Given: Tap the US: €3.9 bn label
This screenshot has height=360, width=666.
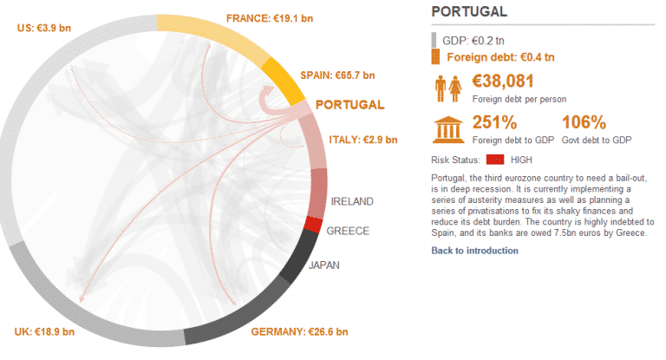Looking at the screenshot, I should [x=44, y=28].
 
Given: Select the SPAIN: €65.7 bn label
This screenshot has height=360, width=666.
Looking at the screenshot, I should [x=337, y=75].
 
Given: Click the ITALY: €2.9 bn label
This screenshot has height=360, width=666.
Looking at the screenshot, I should [x=362, y=140].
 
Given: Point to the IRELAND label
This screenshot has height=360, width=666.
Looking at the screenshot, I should [x=352, y=201].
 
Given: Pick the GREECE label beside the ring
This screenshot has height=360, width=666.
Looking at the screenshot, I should [x=348, y=231].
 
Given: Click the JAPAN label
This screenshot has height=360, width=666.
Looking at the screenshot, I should [x=324, y=265].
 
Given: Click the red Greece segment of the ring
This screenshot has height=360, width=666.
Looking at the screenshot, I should [x=313, y=225].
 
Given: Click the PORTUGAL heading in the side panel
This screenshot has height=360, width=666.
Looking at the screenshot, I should [x=469, y=12].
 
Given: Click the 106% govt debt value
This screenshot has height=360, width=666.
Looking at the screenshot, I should [x=583, y=122].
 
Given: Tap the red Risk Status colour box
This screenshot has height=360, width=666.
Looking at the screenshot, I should [x=495, y=160].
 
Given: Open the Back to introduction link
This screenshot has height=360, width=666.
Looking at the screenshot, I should [x=474, y=251].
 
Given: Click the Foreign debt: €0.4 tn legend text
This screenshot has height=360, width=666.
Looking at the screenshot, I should [x=500, y=58].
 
